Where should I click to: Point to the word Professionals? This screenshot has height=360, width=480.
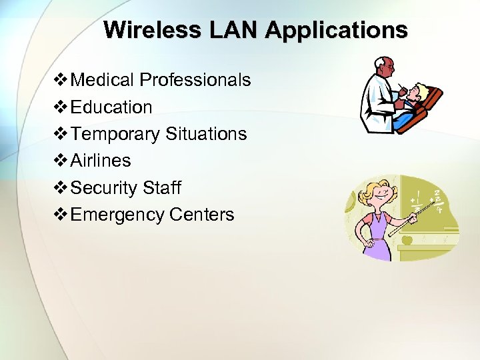(195, 80)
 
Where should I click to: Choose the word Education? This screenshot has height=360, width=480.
(111, 107)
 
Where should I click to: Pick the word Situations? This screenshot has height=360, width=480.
(206, 133)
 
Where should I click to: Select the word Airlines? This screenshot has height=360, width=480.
(101, 161)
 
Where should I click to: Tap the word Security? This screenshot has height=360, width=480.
(104, 188)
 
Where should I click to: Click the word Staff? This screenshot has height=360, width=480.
(162, 188)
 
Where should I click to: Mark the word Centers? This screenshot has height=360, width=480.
(202, 215)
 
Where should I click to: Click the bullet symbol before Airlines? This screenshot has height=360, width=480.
(61, 161)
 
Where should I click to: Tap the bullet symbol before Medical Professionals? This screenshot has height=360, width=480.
(61, 80)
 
